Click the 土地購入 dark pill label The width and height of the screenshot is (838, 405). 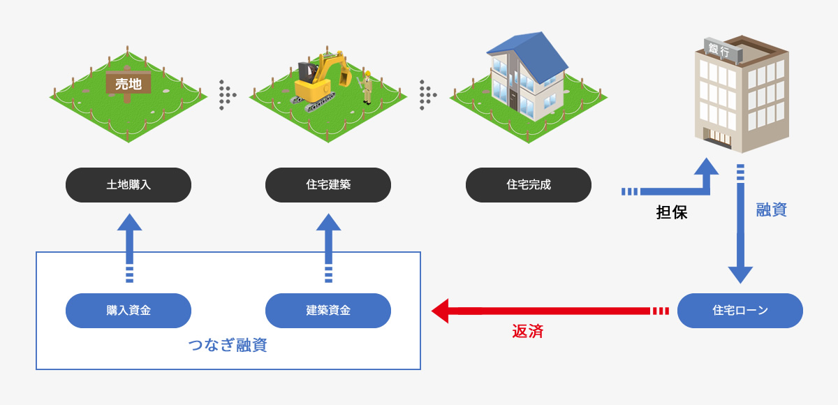tap(128, 185)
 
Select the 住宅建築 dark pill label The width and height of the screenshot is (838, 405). tap(328, 185)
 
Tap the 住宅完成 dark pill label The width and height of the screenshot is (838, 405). tap(529, 185)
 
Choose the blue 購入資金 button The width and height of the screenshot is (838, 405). tap(128, 311)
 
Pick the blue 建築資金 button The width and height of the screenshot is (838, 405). tap(328, 311)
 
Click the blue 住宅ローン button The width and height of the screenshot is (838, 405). tap(740, 311)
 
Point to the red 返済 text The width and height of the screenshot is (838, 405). tap(528, 332)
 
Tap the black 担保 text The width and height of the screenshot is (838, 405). tap(672, 213)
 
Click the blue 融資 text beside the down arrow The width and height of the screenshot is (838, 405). tap(772, 209)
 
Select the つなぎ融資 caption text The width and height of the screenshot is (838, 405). tap(228, 345)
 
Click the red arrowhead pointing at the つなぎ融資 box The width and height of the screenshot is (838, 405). tap(441, 311)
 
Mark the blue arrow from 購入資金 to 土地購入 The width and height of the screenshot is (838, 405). tap(129, 244)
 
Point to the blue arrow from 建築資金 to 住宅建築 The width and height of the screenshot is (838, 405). tap(329, 244)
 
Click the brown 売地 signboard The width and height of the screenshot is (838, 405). tap(128, 85)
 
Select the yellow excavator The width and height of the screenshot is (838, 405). tap(320, 78)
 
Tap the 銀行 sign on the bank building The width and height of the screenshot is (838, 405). tap(719, 50)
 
